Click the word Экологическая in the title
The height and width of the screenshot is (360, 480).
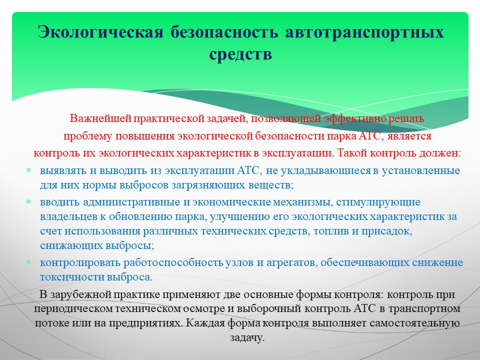click(100, 32)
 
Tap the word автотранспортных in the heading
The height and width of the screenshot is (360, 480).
click(364, 32)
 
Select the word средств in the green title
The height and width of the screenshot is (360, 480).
click(240, 54)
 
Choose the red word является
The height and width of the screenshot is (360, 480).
click(409, 136)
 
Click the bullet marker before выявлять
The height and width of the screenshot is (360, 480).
click(28, 170)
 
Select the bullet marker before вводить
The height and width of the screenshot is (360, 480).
click(28, 202)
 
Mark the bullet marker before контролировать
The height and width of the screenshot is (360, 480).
click(28, 262)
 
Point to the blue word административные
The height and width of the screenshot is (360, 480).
click(131, 202)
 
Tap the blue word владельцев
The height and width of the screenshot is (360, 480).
click(68, 216)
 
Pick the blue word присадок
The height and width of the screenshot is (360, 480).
click(386, 231)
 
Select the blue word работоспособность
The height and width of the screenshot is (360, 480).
click(173, 262)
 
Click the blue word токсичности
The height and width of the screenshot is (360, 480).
click(72, 277)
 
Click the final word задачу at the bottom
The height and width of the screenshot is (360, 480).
click(247, 337)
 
